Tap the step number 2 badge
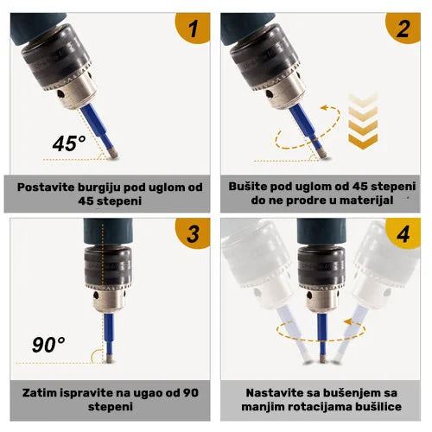[403, 29]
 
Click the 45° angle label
[70, 143]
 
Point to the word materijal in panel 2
[352, 200]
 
